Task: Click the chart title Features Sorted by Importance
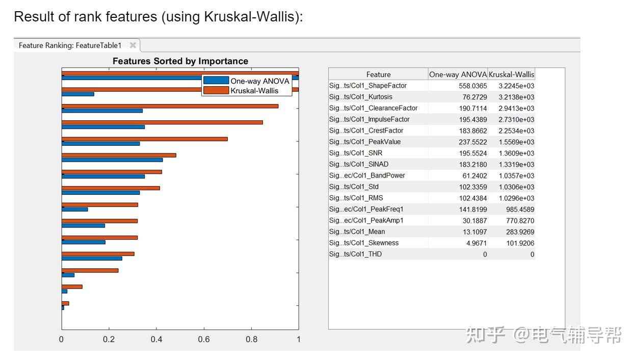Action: coord(180,61)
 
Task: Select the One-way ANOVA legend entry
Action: coord(259,81)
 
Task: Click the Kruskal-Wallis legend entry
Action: coord(254,90)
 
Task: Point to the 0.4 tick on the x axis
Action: coord(156,339)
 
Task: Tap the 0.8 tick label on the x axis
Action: coord(251,339)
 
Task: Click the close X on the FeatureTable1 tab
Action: coord(133,45)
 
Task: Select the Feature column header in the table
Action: coord(378,74)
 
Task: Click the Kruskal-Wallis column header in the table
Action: coord(511,74)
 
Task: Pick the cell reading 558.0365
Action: coord(472,86)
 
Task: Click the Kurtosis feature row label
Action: coord(360,97)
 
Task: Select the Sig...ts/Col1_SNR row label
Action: coord(355,153)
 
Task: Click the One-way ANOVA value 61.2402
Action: coord(472,175)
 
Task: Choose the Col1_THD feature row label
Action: coord(355,254)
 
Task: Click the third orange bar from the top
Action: coord(170,106)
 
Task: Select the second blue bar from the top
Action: coord(78,94)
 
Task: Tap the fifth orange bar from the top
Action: coord(144,139)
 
